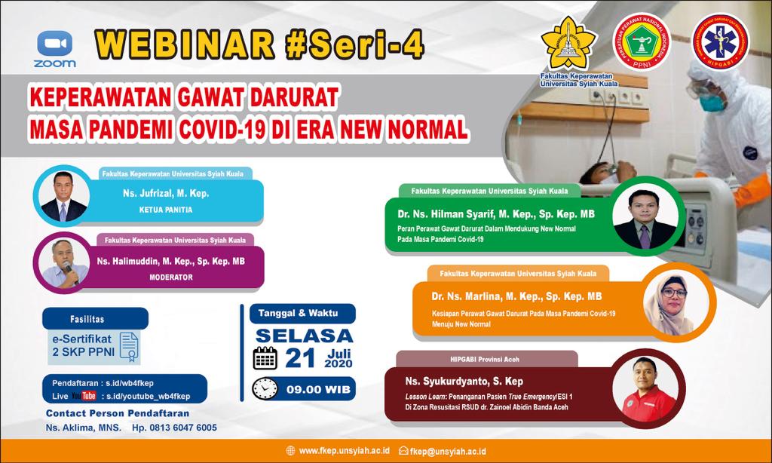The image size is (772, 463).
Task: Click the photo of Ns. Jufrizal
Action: tap(63, 197)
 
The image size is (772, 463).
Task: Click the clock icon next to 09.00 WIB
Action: tap(265, 388)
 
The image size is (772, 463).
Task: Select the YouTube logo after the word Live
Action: tap(84, 396)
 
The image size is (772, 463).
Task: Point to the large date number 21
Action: tap(300, 358)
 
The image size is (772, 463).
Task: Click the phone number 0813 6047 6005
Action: tap(174, 428)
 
